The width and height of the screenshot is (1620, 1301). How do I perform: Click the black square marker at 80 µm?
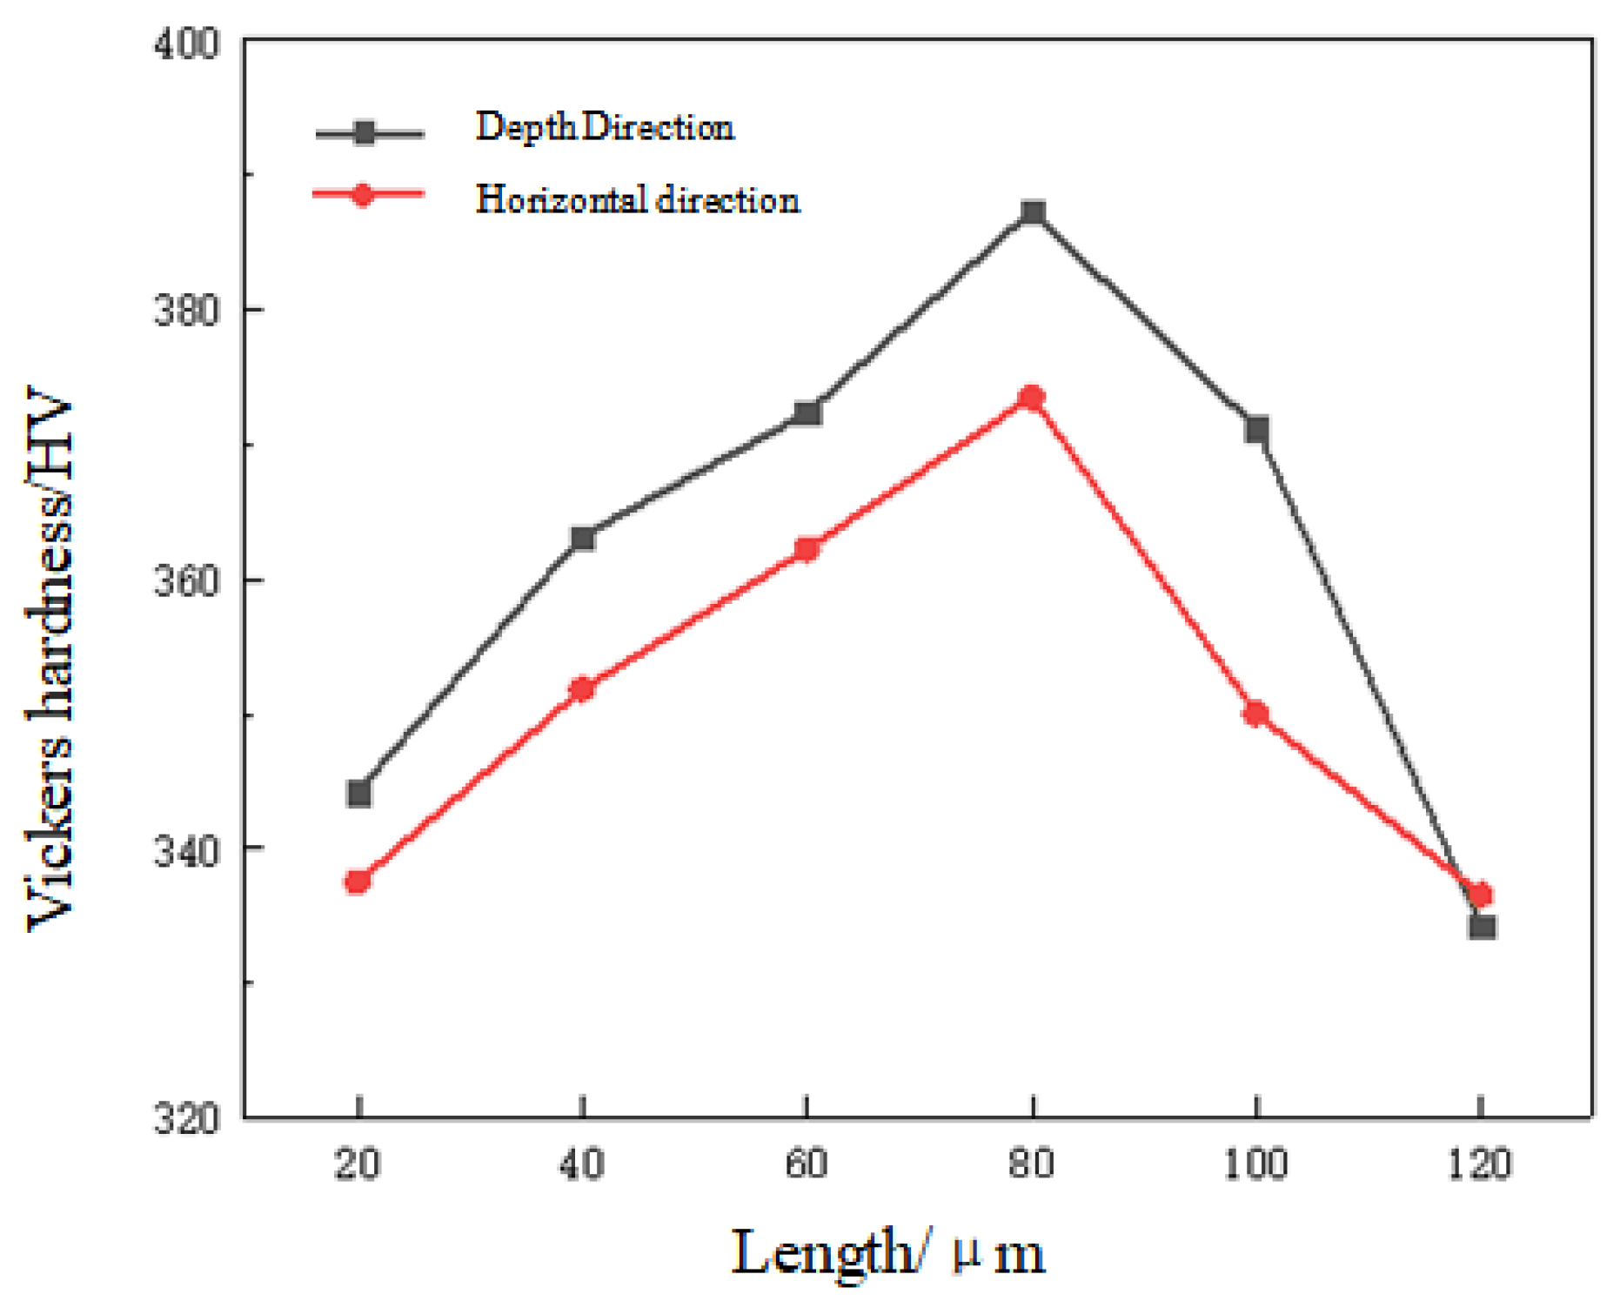tap(1033, 213)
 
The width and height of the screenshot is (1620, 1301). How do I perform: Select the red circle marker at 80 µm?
tap(1032, 399)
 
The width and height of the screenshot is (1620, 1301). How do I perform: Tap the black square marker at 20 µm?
tap(358, 794)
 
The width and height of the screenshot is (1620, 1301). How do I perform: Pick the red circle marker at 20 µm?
tap(358, 882)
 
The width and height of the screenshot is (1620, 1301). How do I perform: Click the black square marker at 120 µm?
tap(1483, 926)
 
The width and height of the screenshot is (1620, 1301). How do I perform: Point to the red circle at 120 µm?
tap(1480, 894)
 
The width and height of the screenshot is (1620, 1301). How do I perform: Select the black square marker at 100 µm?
tap(1256, 430)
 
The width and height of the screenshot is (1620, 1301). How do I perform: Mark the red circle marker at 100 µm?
tap(1255, 714)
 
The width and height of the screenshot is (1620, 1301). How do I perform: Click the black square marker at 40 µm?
tap(583, 539)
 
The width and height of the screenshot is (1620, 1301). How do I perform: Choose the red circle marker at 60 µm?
tap(807, 549)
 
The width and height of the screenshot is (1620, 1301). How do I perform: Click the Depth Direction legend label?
tap(605, 127)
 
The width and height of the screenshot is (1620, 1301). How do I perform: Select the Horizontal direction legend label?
tap(637, 200)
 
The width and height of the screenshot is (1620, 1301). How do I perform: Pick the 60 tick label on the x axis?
tap(807, 1164)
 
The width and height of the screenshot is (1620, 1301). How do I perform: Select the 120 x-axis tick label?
tap(1480, 1164)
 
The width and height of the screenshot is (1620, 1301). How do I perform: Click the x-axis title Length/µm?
tap(887, 1253)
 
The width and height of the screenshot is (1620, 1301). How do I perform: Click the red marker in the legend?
tap(363, 195)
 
